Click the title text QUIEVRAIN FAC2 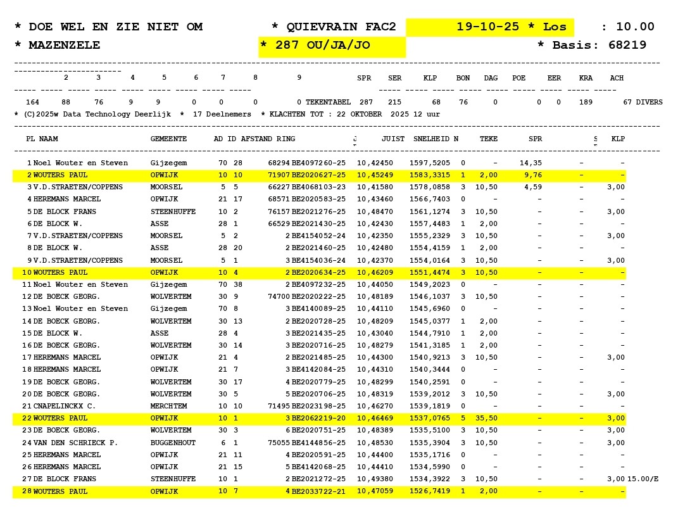click(x=341, y=27)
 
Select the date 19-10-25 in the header click(x=487, y=27)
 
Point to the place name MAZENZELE click(x=65, y=45)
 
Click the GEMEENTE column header click(x=168, y=139)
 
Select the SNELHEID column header click(x=431, y=139)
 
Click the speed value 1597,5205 click(x=431, y=163)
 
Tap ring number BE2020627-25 click(x=318, y=175)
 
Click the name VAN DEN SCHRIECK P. click(x=75, y=443)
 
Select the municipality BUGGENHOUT click(x=173, y=443)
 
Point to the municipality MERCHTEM click(x=168, y=406)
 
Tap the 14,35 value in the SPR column click(x=530, y=163)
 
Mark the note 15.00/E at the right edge click(x=643, y=479)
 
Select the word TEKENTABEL click(x=328, y=102)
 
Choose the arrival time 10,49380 click(x=375, y=479)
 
